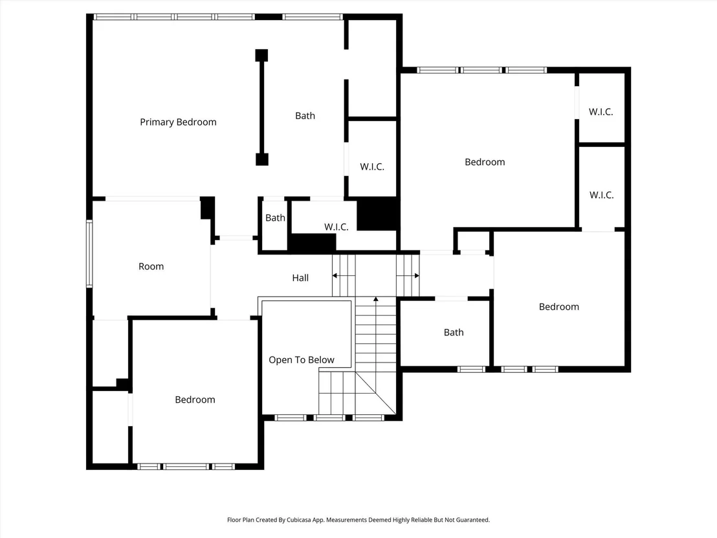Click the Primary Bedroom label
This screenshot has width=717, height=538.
pos(178,122)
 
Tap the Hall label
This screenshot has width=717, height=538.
pos(300,278)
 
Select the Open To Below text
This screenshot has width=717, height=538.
pos(302,360)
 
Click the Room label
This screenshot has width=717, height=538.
pos(151,266)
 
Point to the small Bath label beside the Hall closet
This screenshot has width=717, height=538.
pos(275,218)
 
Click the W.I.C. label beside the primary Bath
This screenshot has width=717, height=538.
pos(371,166)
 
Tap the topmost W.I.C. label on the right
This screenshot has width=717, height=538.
pos(601,111)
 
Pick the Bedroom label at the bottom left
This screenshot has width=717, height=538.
pos(195,399)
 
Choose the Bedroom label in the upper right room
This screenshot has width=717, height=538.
pos(485,162)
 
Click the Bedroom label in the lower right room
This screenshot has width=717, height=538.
pos(559,306)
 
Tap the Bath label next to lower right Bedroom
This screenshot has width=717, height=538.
pos(454,333)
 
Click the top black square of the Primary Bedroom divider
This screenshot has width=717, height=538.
pos(261,56)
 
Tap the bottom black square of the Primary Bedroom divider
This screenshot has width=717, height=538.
pos(261,159)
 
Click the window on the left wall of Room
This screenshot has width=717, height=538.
pos(89,253)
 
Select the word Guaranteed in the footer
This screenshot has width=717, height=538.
pos(474,520)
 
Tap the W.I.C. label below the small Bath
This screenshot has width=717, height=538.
pos(336,227)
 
